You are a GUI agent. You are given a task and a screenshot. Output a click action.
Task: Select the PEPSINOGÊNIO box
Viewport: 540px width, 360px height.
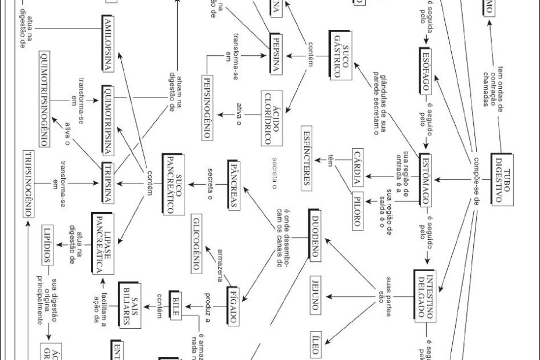coord(210,107)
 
